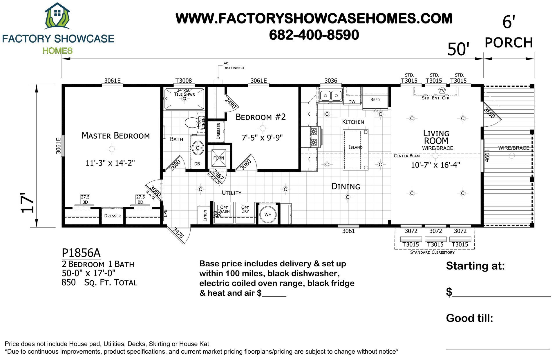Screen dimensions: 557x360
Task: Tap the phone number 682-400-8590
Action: pyautogui.click(x=314, y=35)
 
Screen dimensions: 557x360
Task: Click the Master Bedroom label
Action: pyautogui.click(x=115, y=136)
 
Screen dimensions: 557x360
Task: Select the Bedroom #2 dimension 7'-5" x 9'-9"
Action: pyautogui.click(x=262, y=137)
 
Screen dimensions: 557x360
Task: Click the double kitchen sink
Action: pyautogui.click(x=331, y=95)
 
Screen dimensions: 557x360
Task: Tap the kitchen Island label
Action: pyautogui.click(x=355, y=147)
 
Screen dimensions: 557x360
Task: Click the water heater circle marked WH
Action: pyautogui.click(x=268, y=214)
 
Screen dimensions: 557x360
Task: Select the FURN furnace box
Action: pyautogui.click(x=218, y=158)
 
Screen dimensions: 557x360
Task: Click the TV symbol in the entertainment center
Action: pyautogui.click(x=442, y=91)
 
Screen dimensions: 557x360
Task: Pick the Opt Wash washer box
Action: pyautogui.click(x=224, y=213)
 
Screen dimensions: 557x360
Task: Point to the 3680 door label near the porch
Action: pyautogui.click(x=489, y=113)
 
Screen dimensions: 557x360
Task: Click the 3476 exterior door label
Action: pyautogui.click(x=178, y=233)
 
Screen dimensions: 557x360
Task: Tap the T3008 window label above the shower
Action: pyautogui.click(x=183, y=81)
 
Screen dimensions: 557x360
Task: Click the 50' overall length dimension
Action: pyautogui.click(x=458, y=49)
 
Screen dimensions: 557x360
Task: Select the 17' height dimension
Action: pyautogui.click(x=28, y=203)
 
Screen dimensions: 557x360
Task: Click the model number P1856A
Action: pyautogui.click(x=81, y=253)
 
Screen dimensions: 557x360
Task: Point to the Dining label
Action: pyautogui.click(x=346, y=187)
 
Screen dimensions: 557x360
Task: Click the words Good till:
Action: pyautogui.click(x=469, y=318)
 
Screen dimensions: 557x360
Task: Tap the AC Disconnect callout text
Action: pyautogui.click(x=234, y=66)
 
